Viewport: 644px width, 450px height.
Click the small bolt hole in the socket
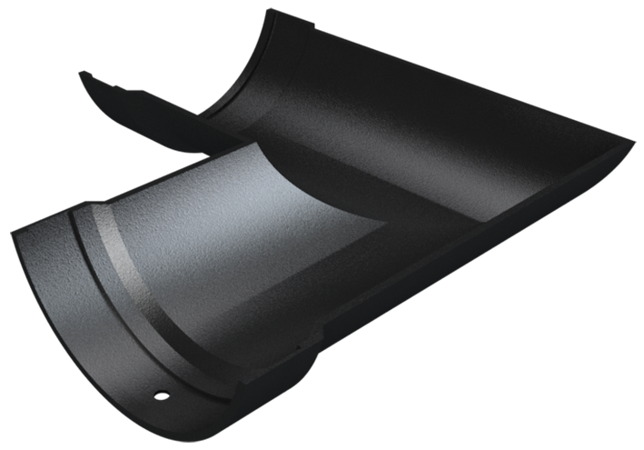tap(161, 395)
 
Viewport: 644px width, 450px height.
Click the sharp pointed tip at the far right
tap(633, 143)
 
